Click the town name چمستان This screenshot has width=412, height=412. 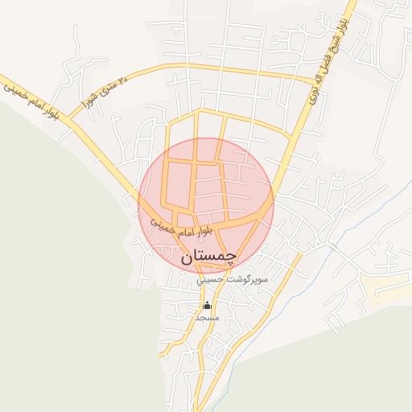[208, 257]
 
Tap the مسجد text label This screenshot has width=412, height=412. [208, 318]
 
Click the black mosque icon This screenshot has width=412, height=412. [208, 306]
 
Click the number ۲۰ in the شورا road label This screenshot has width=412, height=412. [122, 80]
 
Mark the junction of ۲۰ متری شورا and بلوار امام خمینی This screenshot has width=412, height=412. [70, 122]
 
